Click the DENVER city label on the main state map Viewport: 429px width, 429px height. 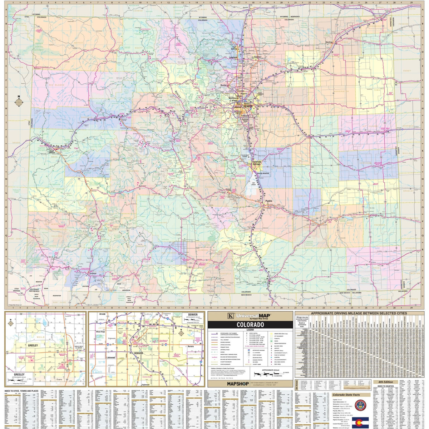248,107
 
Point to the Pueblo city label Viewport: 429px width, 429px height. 268,201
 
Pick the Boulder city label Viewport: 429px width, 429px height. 224,85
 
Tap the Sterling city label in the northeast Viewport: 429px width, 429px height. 329,42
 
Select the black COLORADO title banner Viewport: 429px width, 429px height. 250,325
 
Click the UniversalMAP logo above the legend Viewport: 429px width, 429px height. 250,316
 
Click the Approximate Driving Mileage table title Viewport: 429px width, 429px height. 359,313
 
